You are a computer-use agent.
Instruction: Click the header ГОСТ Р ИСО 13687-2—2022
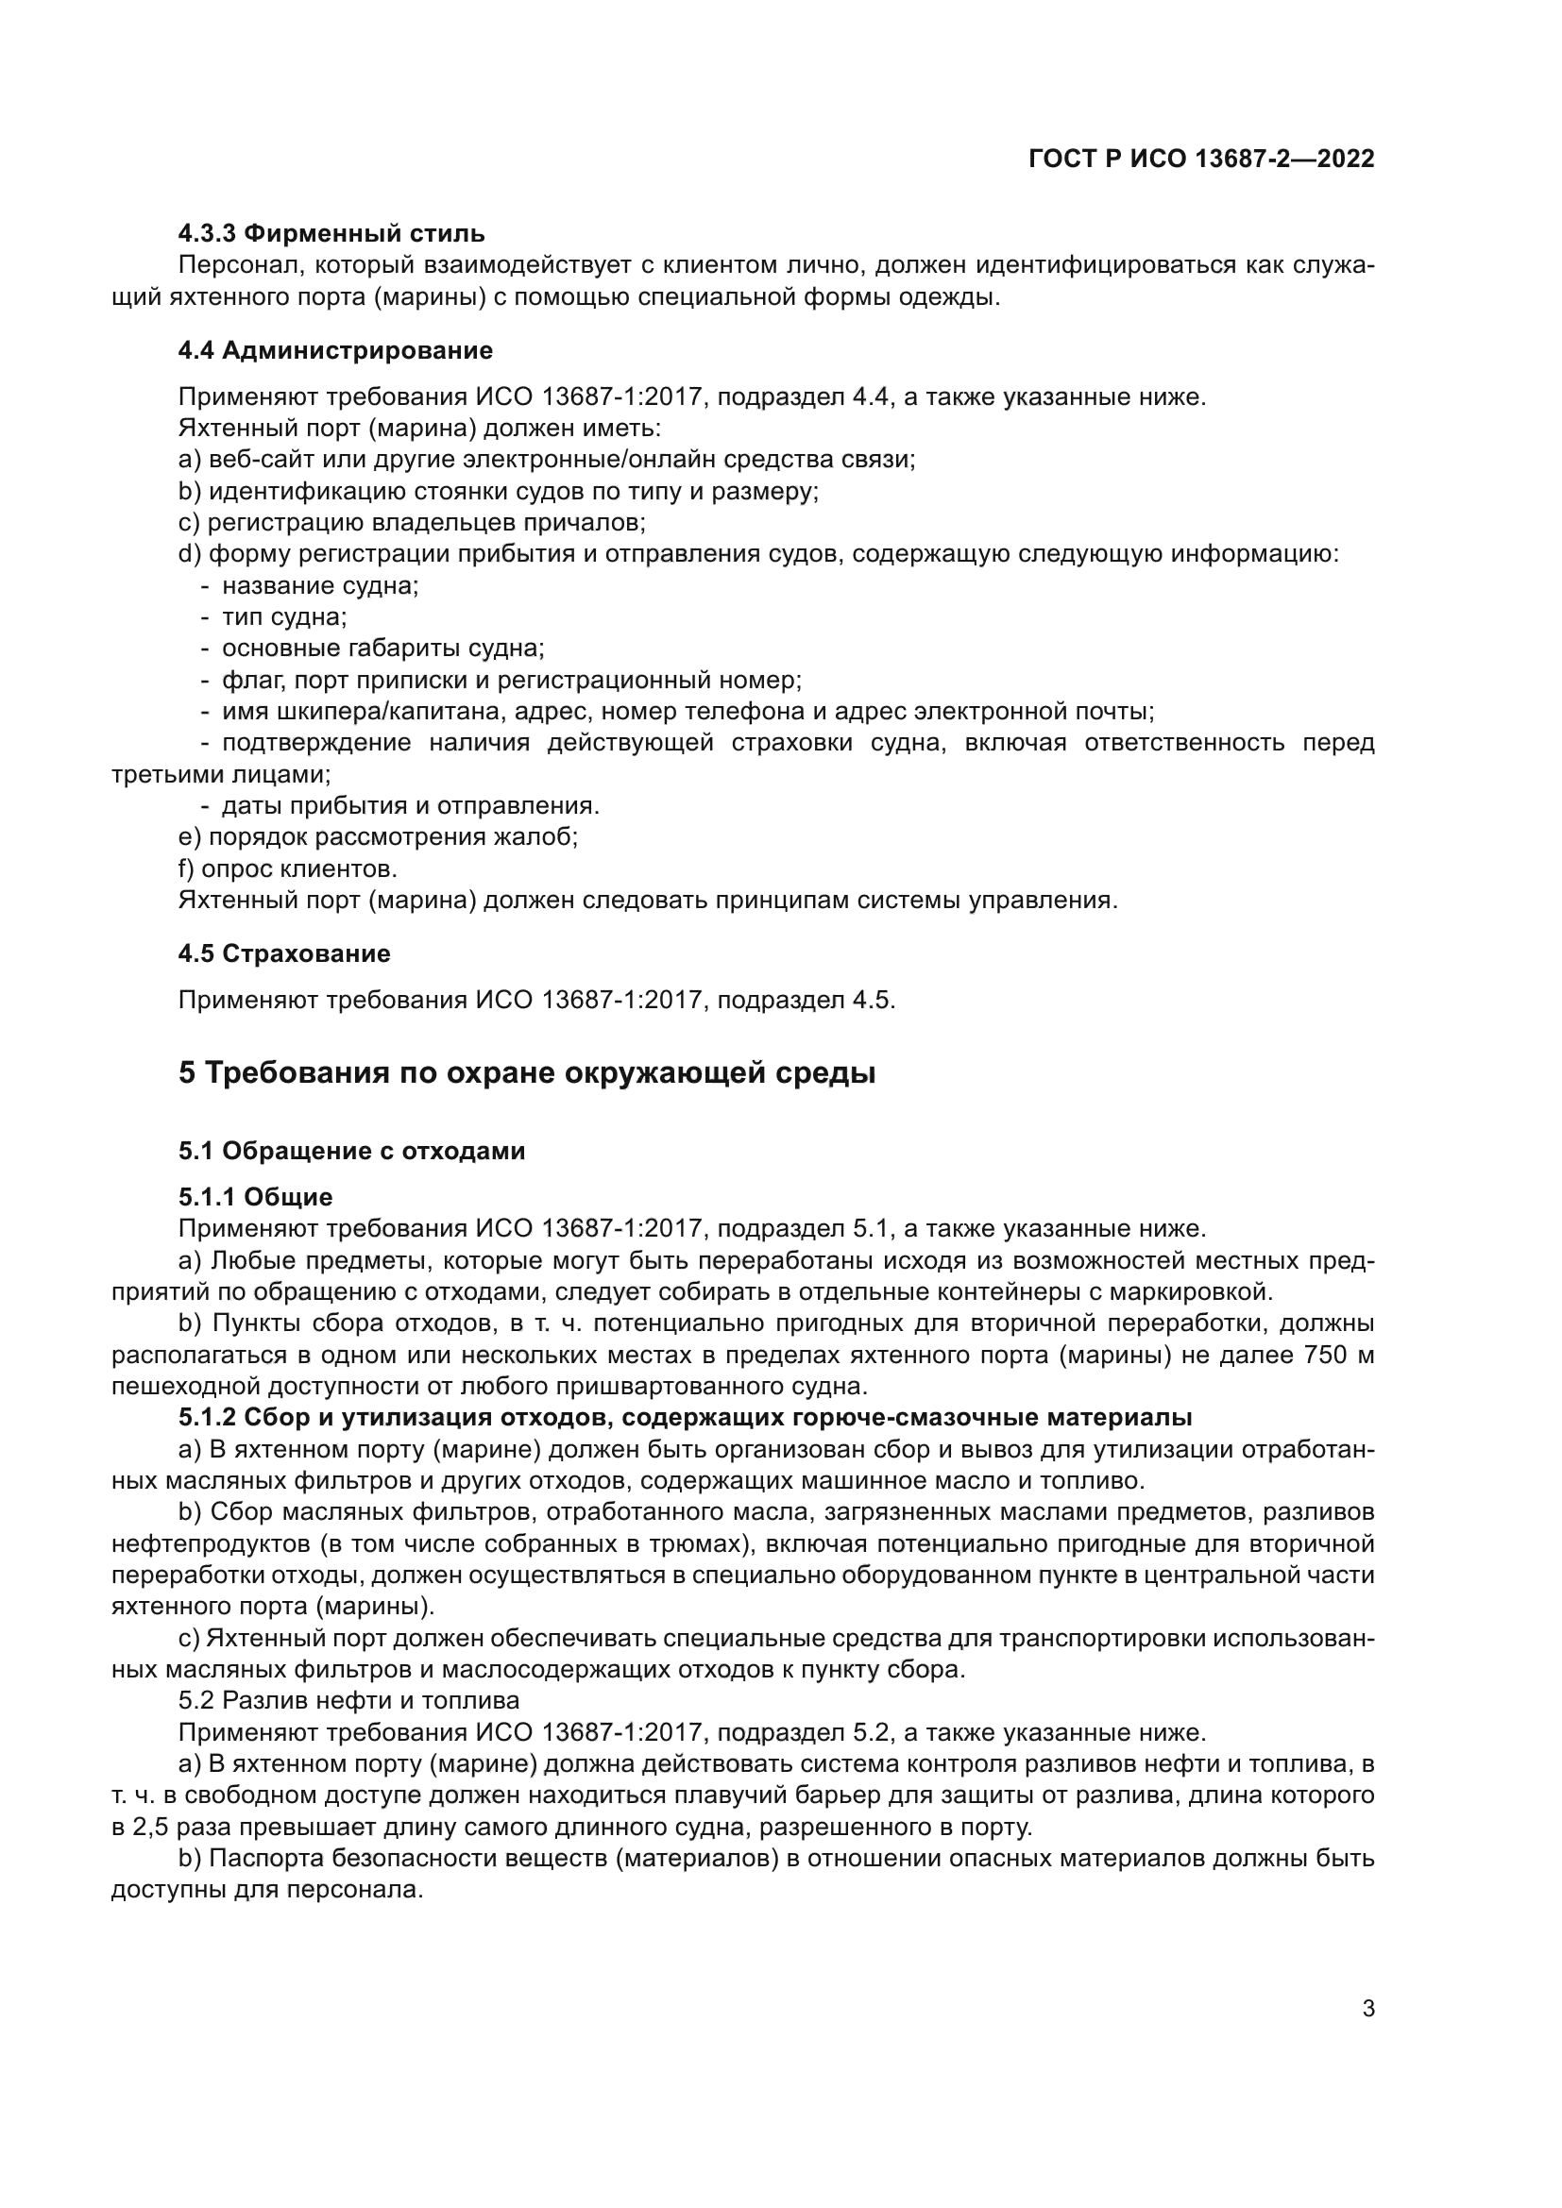(x=1200, y=159)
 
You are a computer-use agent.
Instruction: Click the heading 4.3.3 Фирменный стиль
(x=331, y=234)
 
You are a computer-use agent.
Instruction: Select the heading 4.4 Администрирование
(x=334, y=350)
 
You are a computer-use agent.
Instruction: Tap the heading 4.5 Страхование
(x=283, y=953)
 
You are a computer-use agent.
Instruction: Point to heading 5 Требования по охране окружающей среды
(x=526, y=1072)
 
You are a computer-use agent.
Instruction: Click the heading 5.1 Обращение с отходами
(x=351, y=1150)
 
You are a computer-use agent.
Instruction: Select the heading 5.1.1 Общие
(x=255, y=1196)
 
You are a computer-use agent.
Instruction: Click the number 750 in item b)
(x=1326, y=1355)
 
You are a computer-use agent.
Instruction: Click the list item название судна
(x=319, y=585)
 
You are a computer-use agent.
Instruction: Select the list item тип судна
(x=283, y=616)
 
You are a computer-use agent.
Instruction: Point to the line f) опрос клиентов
(x=288, y=868)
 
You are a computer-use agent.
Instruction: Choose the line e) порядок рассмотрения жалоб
(x=378, y=836)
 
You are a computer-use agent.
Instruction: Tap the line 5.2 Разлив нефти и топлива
(x=348, y=1700)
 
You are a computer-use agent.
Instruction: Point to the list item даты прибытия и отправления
(x=411, y=805)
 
